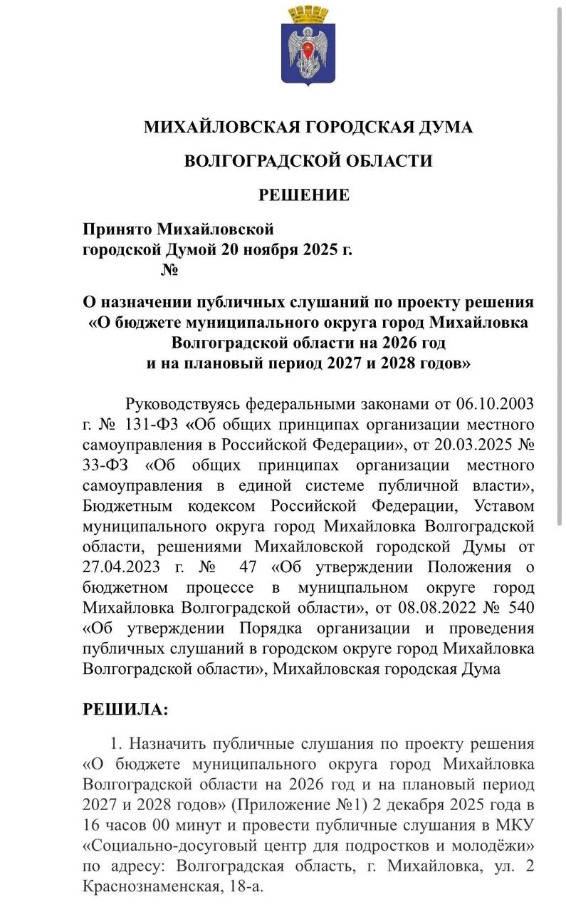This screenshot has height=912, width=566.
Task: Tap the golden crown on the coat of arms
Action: pyautogui.click(x=308, y=14)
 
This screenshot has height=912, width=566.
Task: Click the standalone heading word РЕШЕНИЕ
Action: pyautogui.click(x=304, y=195)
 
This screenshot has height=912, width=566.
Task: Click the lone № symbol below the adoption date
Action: pyautogui.click(x=169, y=271)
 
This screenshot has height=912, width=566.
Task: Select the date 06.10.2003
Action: pyautogui.click(x=495, y=404)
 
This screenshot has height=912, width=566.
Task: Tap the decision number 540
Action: pyautogui.click(x=517, y=608)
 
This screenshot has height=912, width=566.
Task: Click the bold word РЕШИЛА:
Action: pyautogui.click(x=126, y=709)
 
